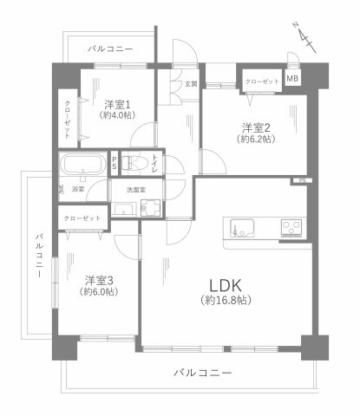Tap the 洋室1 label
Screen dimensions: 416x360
tap(115, 102)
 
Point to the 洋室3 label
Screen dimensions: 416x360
tap(101, 279)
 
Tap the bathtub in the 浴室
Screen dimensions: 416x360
tap(82, 165)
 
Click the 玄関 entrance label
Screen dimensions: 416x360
tap(190, 83)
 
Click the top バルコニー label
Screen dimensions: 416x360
tap(110, 49)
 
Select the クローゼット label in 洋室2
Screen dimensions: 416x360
tap(262, 80)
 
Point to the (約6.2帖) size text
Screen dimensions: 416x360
tap(258, 139)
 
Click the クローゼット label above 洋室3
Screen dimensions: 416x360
tap(83, 218)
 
